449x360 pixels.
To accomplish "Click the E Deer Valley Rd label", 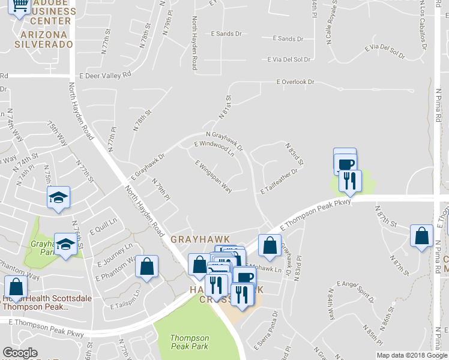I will [105, 76].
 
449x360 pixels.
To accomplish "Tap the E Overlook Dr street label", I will [295, 82].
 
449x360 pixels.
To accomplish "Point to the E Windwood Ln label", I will [214, 149].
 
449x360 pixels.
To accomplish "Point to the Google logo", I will [20, 353].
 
